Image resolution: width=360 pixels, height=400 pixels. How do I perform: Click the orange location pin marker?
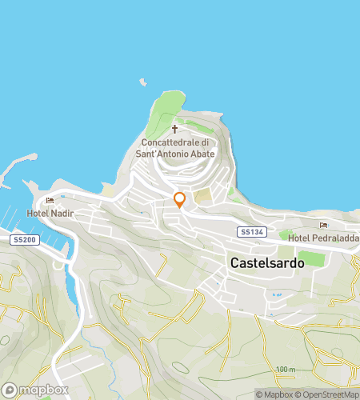click(x=180, y=200)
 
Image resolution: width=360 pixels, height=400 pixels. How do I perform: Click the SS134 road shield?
click(x=250, y=232)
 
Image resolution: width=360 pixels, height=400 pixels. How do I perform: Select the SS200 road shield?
click(x=23, y=240)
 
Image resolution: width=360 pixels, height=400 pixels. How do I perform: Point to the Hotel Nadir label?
click(x=50, y=213)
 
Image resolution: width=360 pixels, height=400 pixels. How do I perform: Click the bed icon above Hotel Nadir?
click(x=50, y=201)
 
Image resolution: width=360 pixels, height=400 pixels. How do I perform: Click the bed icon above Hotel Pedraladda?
click(x=323, y=226)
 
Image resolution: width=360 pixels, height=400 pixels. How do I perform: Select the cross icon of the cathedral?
click(x=174, y=128)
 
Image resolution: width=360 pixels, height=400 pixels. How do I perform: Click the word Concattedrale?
click(x=174, y=142)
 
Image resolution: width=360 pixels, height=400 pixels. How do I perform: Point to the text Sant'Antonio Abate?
click(x=174, y=153)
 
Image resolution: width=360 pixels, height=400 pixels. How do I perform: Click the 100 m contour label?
click(x=286, y=369)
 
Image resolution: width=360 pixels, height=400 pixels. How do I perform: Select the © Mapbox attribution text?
click(x=275, y=394)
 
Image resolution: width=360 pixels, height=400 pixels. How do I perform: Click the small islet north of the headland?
click(x=143, y=82)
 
